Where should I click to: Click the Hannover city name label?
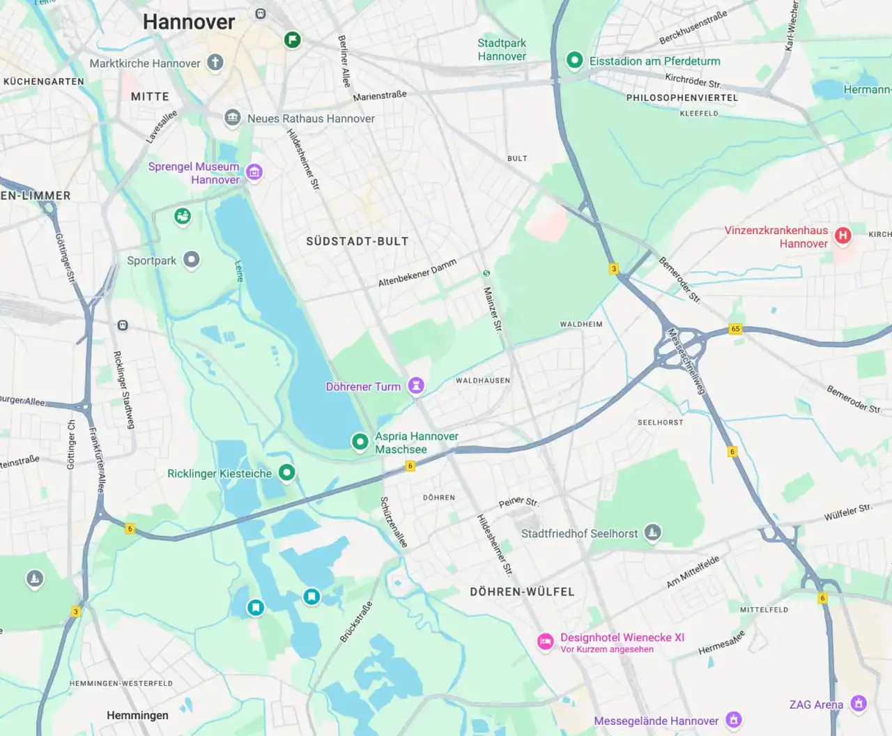coord(189,22)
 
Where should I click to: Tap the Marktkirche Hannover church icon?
coord(215,63)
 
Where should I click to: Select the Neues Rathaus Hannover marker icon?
coord(232,118)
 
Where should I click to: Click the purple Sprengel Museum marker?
coord(254,171)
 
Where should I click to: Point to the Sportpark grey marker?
coord(192,260)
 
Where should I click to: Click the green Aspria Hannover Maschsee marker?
coord(360,441)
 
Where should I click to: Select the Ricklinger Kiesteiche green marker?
coord(286,473)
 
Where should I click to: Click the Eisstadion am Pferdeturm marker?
coord(574,61)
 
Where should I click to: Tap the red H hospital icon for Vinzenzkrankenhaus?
coord(843,236)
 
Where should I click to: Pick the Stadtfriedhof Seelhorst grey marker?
coord(652,532)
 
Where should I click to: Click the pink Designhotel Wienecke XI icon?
coord(545,641)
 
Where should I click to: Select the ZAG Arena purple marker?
coord(859,703)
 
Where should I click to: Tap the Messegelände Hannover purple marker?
coord(733,719)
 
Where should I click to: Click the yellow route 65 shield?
coord(735,329)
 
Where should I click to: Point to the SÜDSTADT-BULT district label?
coord(357,241)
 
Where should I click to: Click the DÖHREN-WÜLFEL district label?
coord(522,592)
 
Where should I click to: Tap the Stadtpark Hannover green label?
coord(502,49)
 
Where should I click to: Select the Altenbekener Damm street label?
coord(417,273)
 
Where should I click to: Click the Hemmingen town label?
coord(137,715)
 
